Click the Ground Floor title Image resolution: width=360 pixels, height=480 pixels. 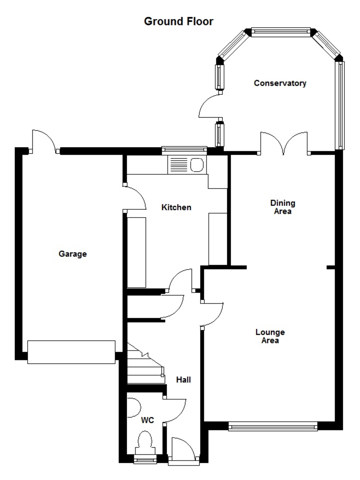(178, 22)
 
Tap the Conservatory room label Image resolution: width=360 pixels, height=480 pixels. (280, 83)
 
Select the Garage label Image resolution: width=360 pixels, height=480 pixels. (73, 254)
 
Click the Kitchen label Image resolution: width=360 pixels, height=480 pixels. (176, 207)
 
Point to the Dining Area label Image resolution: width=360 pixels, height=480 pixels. (282, 207)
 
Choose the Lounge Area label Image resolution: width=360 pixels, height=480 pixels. (270, 336)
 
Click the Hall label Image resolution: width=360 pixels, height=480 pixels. (184, 379)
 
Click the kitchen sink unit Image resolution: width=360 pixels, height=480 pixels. (186, 164)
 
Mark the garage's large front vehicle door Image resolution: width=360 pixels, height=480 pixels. (71, 352)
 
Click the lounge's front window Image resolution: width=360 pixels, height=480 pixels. (273, 427)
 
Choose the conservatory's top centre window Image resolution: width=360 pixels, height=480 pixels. (280, 32)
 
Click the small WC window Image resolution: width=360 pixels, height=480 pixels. (145, 460)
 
